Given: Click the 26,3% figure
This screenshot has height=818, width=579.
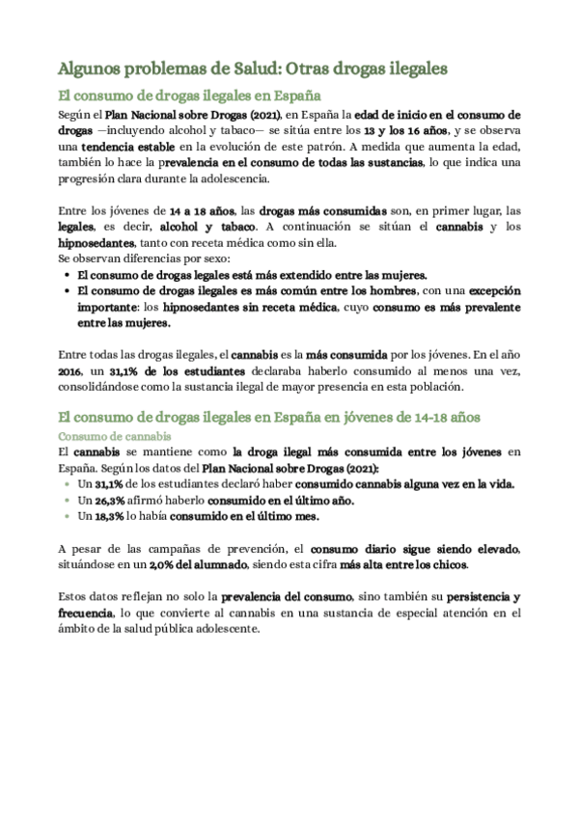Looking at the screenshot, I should pyautogui.click(x=111, y=501).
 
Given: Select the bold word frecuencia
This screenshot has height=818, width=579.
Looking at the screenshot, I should pyautogui.click(x=85, y=613).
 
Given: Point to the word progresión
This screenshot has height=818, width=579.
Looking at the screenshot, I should pyautogui.click(x=91, y=178).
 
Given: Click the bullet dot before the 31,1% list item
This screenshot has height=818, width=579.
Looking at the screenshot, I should pyautogui.click(x=67, y=484).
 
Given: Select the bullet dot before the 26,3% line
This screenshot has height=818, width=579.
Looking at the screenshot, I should pyautogui.click(x=67, y=501).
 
